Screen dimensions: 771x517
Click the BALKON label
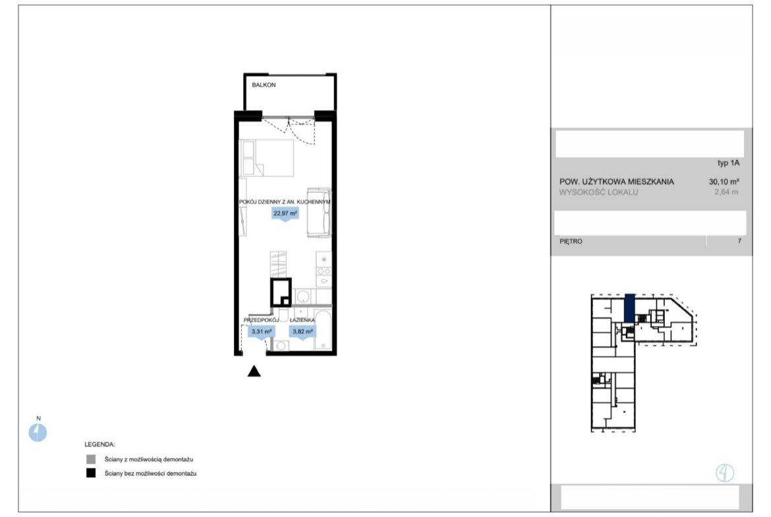[264, 85]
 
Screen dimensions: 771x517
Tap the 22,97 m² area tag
[285, 214]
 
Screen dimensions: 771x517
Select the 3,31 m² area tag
[262, 332]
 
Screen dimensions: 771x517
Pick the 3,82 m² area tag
[302, 332]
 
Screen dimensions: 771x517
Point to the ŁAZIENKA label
[302, 320]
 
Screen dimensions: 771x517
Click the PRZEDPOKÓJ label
[261, 320]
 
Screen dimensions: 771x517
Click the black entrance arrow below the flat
[254, 371]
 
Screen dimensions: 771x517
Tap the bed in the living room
[266, 158]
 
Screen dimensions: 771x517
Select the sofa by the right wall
[319, 213]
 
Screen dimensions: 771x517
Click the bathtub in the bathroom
[323, 329]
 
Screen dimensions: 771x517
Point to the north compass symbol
[38, 433]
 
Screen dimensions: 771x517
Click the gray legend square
[91, 460]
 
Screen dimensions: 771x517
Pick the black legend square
[91, 474]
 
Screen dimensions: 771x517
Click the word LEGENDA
[100, 445]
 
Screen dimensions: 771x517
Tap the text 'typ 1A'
[728, 163]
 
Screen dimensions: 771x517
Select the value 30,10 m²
[724, 181]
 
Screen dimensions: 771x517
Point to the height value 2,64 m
[726, 192]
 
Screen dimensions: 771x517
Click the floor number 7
[739, 241]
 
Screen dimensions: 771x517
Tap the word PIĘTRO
[571, 241]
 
